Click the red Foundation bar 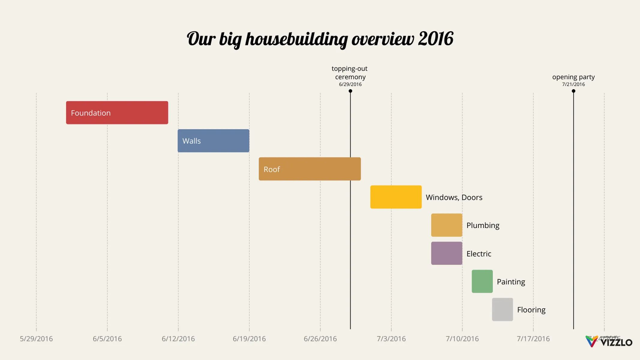pyautogui.click(x=117, y=112)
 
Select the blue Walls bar pyautogui.click(x=213, y=141)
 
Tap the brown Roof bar pyautogui.click(x=310, y=169)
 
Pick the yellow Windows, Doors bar pyautogui.click(x=396, y=197)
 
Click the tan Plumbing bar pyautogui.click(x=446, y=225)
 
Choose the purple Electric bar pyautogui.click(x=446, y=253)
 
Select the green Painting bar pyautogui.click(x=482, y=281)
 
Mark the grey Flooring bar pyautogui.click(x=502, y=310)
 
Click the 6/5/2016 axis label pyautogui.click(x=107, y=339)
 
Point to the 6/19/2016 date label pyautogui.click(x=249, y=339)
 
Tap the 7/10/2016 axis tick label pyautogui.click(x=462, y=339)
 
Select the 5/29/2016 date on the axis pyautogui.click(x=36, y=339)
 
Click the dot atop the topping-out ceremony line pyautogui.click(x=350, y=91)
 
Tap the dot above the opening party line pyautogui.click(x=573, y=91)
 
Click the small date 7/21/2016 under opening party pyautogui.click(x=573, y=84)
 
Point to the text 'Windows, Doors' pyautogui.click(x=454, y=197)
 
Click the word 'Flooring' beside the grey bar pyautogui.click(x=531, y=310)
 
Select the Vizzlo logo pyautogui.click(x=609, y=341)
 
